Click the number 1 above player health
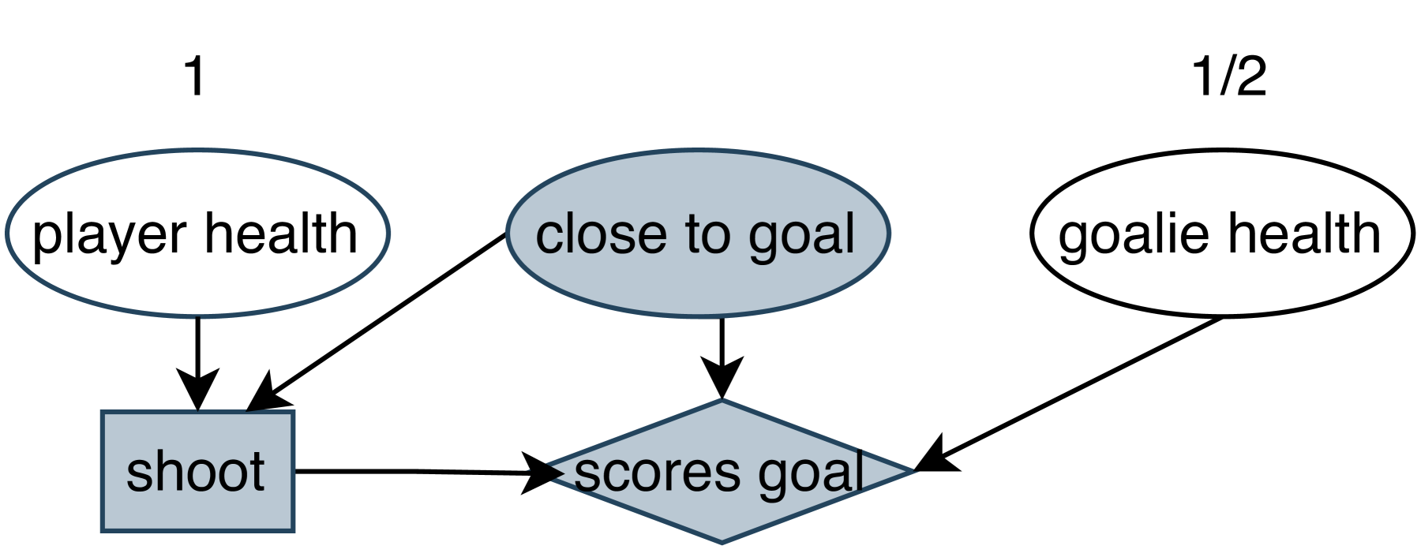tap(194, 77)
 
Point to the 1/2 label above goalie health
tap(1228, 77)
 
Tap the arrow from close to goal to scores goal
tap(722, 347)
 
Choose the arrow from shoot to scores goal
tap(411, 471)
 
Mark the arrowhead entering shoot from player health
tap(197, 391)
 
